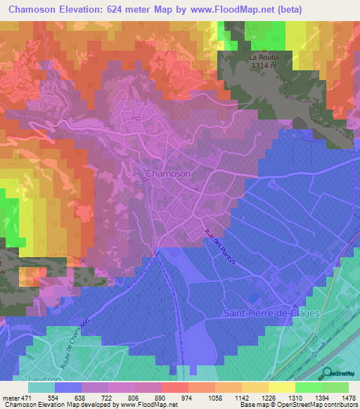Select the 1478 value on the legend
pos(339,398)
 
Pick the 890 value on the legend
pos(148,398)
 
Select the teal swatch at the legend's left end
pos(41,387)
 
